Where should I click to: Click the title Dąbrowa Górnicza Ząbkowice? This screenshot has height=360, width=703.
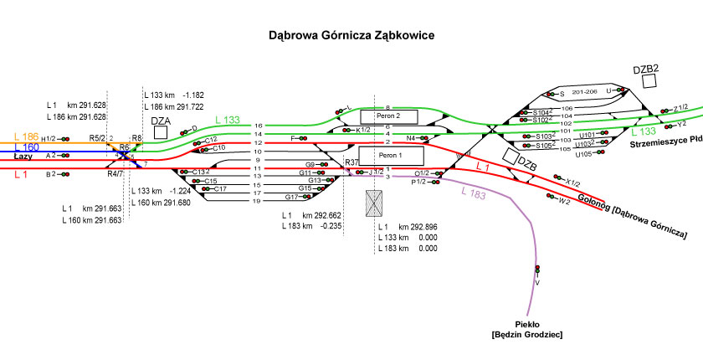click(x=351, y=37)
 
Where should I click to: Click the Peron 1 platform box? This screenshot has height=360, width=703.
click(x=391, y=156)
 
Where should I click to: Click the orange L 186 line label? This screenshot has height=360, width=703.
click(x=26, y=136)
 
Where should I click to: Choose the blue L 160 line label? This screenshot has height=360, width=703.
click(x=26, y=147)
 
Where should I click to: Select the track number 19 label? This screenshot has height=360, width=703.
click(x=258, y=201)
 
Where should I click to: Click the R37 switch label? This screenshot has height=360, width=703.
click(x=351, y=162)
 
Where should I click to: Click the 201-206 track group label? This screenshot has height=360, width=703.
click(x=586, y=91)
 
